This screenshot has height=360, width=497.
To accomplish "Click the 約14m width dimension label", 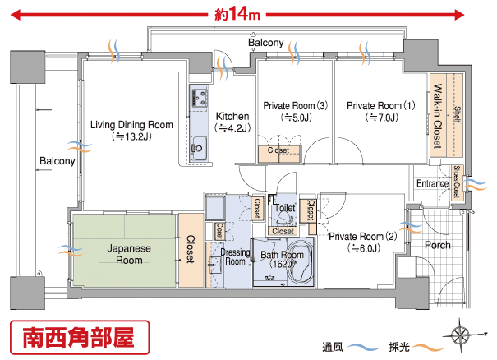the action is coord(237,15).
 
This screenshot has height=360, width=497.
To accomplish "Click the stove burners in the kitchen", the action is coord(200,97).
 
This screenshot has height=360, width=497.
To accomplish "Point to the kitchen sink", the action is coord(199,147).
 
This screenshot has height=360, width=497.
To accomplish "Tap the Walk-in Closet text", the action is coord(437,116).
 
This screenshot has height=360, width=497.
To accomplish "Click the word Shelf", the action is coord(458,114).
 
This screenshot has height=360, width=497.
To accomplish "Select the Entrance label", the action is coord(432,183).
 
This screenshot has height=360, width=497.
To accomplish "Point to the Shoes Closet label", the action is coord(457,182).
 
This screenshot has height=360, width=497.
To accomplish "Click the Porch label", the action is coord(437,245).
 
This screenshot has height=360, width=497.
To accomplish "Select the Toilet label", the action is coord(284,208).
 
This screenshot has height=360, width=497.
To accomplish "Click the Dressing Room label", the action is coord(235,257).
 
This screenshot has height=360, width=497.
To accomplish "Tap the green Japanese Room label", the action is coord(129,254).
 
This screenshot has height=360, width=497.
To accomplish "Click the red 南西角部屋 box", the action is coord(80,337).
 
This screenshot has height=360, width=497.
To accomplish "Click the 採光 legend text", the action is coord(399,347).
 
